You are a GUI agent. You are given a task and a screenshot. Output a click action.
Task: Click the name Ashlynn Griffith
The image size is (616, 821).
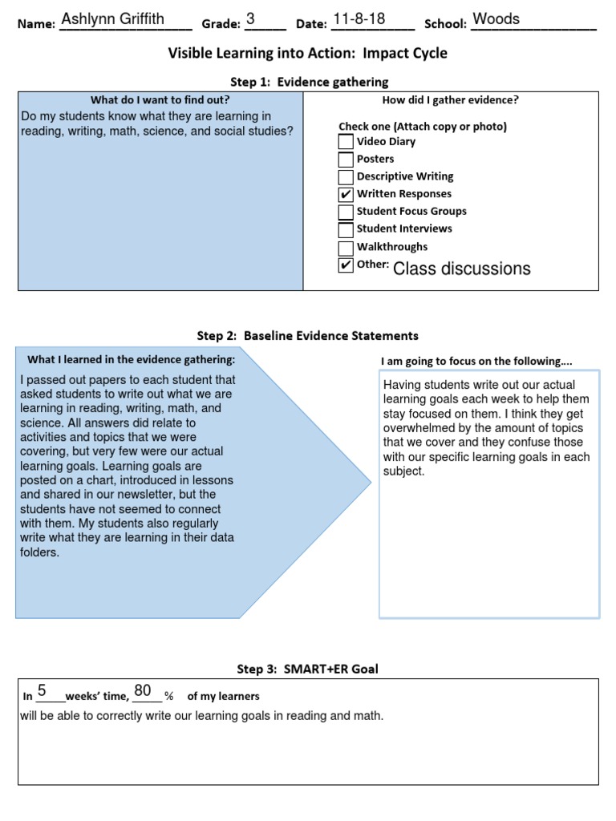[114, 19]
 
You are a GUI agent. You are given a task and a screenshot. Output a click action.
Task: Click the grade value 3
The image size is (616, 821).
[251, 19]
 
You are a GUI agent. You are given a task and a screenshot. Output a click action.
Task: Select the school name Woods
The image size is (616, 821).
[496, 19]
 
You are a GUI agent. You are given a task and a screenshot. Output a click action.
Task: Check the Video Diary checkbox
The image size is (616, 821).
[346, 142]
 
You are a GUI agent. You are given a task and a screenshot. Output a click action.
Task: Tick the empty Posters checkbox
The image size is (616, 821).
[346, 160]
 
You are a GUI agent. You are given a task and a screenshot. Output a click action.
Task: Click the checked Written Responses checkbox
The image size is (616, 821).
[346, 195]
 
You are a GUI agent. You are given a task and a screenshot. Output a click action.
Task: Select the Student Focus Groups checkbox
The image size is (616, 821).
[346, 212]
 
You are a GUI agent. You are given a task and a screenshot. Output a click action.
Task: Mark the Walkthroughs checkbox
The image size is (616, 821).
[346, 248]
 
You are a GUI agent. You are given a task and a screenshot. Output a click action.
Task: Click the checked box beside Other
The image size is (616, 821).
[346, 265]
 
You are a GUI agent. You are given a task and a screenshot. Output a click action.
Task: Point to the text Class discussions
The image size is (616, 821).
[461, 269]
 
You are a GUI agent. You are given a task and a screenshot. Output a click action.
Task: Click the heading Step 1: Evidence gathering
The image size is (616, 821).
[309, 82]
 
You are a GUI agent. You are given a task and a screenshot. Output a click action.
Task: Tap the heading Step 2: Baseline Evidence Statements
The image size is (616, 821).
[308, 336]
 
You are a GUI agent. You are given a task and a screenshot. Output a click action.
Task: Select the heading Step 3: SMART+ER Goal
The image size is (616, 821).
[308, 669]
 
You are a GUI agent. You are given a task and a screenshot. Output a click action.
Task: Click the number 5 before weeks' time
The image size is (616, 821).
[42, 691]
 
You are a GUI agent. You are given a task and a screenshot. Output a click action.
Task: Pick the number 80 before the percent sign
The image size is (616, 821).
[143, 691]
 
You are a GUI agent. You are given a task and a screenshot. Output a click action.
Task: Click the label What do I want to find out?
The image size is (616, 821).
[160, 100]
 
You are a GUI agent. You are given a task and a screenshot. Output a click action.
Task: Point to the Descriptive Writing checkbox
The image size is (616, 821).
[346, 177]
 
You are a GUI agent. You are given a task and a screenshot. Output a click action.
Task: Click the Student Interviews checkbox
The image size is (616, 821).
[346, 230]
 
